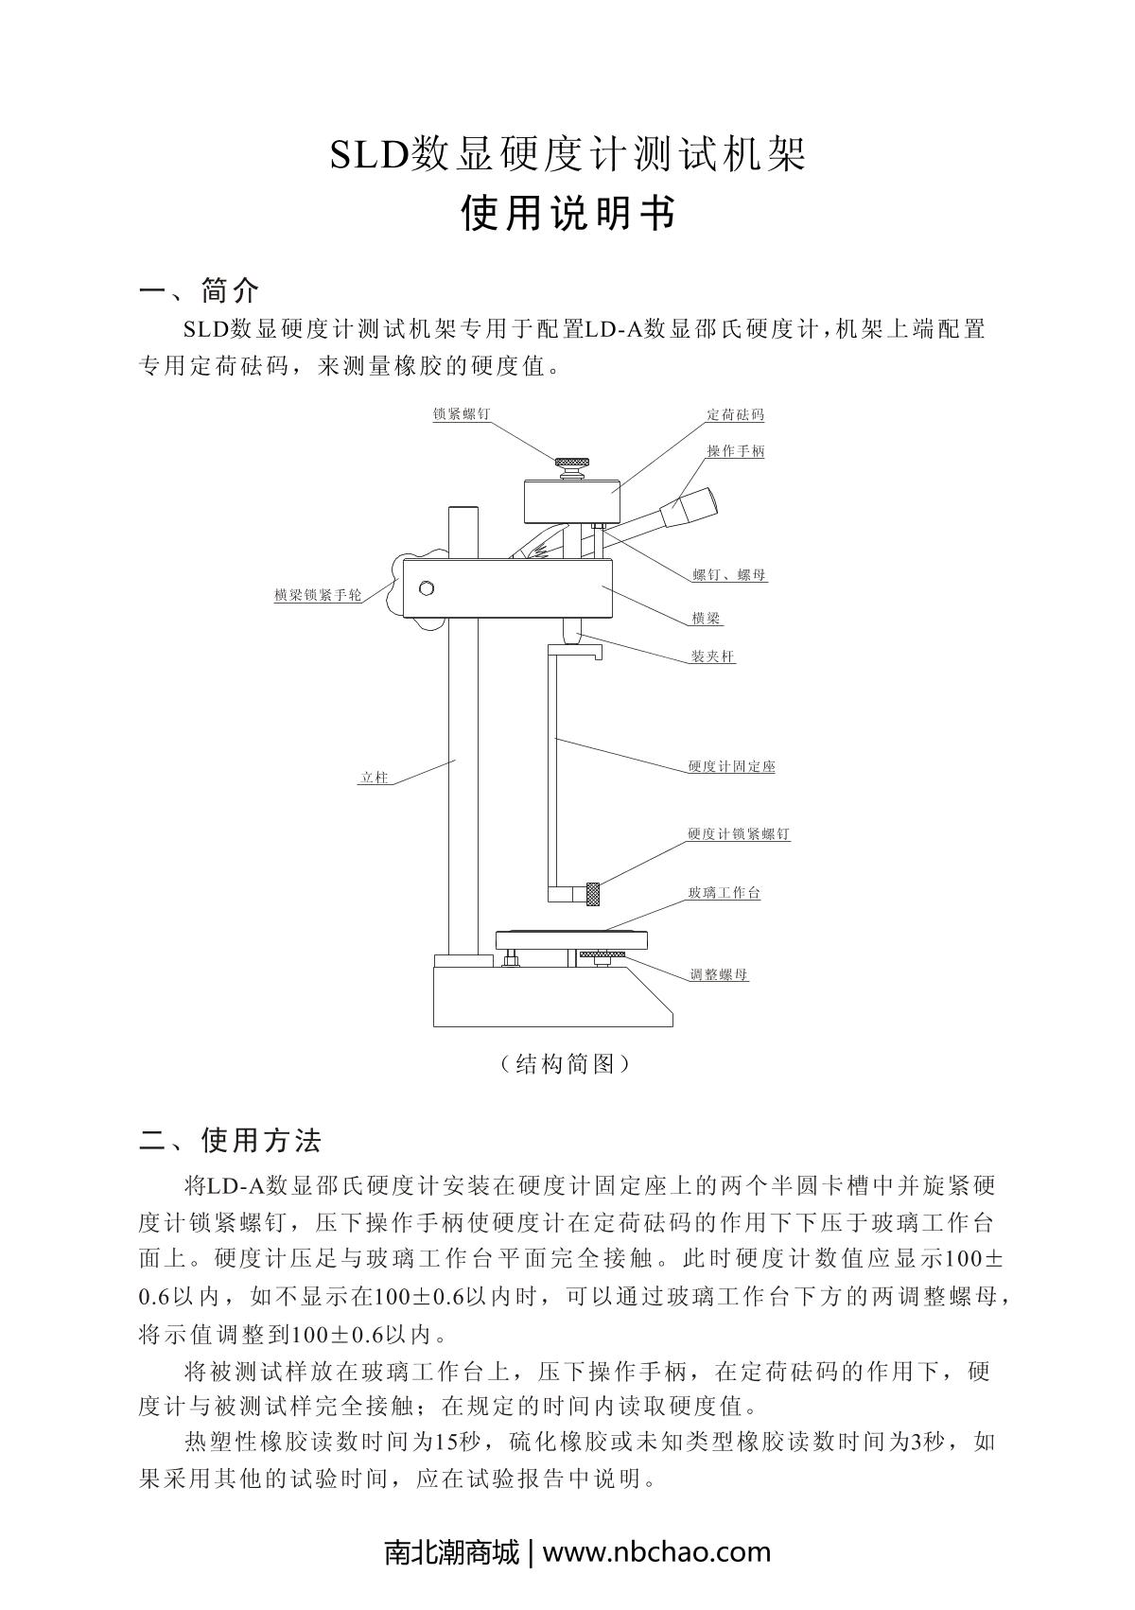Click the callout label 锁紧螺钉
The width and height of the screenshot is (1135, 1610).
462,414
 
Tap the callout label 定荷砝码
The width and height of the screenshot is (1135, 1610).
735,414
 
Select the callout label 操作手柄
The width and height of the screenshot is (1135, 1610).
736,451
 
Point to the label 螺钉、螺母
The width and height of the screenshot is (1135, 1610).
729,574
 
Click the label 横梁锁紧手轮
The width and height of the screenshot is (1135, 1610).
318,595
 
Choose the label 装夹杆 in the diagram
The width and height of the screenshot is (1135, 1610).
712,656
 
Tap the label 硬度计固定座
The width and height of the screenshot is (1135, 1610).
732,766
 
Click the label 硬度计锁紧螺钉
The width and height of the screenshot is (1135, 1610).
739,834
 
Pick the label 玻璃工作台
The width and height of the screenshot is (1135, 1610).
725,892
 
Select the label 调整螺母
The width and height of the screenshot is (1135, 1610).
719,974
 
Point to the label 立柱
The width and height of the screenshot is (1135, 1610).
375,778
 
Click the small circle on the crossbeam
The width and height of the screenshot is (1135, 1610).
427,588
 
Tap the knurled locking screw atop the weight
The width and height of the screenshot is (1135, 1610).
571,464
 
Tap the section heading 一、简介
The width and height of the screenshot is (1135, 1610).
199,289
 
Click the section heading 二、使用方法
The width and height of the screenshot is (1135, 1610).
230,1140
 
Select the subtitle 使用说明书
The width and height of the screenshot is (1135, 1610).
567,214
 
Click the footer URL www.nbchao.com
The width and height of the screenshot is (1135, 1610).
656,1552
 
